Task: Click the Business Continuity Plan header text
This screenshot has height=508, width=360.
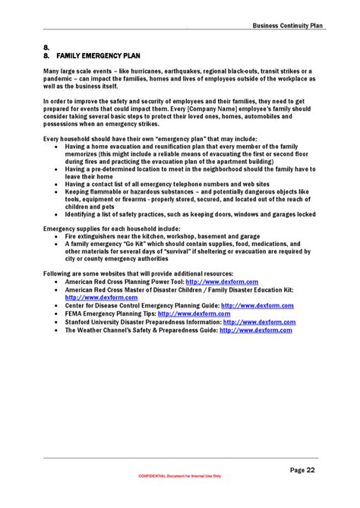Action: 288,25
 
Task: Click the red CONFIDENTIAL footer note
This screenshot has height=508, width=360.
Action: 180,476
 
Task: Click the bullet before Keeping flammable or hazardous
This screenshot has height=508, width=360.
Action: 58,192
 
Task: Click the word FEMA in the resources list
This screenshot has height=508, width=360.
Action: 74,314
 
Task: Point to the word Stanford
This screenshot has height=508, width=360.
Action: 80,322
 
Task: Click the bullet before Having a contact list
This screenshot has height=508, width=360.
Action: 58,184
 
